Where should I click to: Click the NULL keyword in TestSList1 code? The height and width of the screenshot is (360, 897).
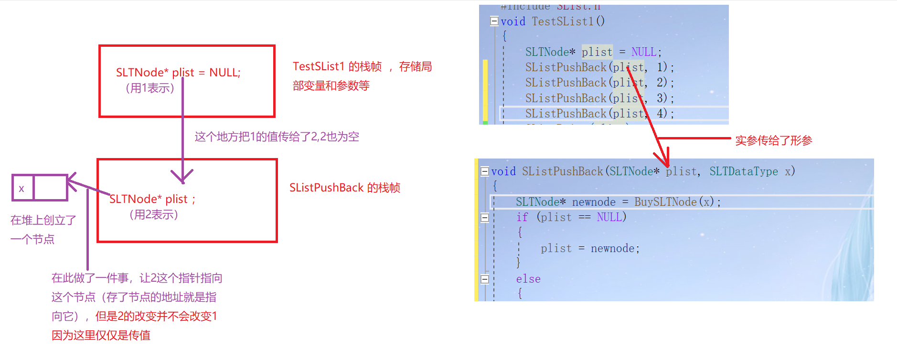pyautogui.click(x=643, y=52)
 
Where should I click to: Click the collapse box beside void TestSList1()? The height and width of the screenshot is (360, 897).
pyautogui.click(x=494, y=21)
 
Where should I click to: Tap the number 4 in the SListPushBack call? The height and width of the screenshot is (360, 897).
pyautogui.click(x=661, y=113)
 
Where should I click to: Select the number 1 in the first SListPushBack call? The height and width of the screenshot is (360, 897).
pyautogui.click(x=661, y=67)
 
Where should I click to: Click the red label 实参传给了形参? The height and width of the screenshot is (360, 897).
pyautogui.click(x=773, y=140)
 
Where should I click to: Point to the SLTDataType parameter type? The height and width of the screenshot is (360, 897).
pyautogui.click(x=743, y=171)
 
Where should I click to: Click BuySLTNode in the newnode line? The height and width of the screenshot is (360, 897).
pyautogui.click(x=665, y=202)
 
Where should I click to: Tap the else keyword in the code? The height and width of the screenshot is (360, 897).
pyautogui.click(x=528, y=279)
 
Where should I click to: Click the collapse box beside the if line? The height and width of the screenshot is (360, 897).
pyautogui.click(x=485, y=218)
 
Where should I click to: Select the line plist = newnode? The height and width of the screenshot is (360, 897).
pyautogui.click(x=590, y=248)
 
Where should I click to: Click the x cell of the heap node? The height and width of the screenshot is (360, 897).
pyautogui.click(x=22, y=188)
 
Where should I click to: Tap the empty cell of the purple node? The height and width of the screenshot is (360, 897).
pyautogui.click(x=50, y=188)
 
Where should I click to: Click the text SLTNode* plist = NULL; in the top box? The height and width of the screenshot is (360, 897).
pyautogui.click(x=178, y=73)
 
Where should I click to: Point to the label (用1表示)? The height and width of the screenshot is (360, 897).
pyautogui.click(x=150, y=88)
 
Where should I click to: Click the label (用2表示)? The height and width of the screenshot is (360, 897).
pyautogui.click(x=154, y=215)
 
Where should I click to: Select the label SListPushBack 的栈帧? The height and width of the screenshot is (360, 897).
pyautogui.click(x=345, y=188)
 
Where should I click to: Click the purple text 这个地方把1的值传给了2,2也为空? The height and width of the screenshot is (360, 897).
pyautogui.click(x=277, y=137)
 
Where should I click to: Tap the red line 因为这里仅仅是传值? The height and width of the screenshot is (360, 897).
pyautogui.click(x=101, y=335)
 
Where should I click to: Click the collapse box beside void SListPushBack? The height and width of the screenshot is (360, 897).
pyautogui.click(x=485, y=171)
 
